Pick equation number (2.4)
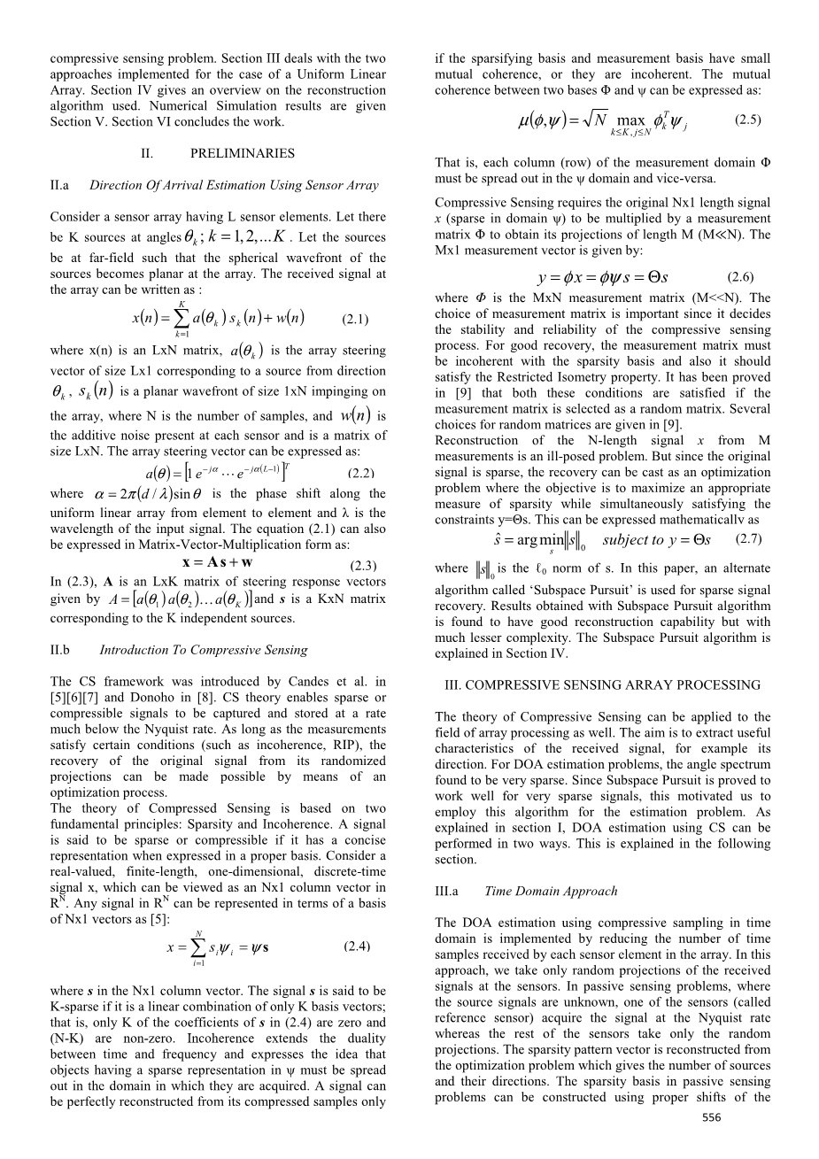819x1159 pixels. pos(357,946)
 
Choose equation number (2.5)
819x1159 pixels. pos(747,118)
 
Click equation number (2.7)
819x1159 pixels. pos(748,538)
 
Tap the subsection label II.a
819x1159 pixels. pos(60,186)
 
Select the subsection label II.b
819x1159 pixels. pos(61,650)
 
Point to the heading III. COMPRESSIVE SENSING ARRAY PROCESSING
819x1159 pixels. pos(603,685)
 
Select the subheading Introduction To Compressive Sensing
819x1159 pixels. pos(204,650)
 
